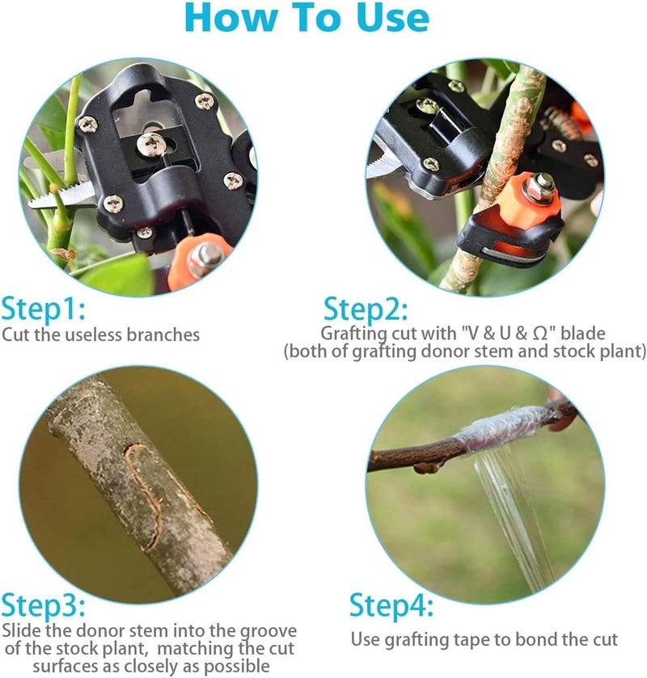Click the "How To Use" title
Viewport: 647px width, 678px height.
[307, 17]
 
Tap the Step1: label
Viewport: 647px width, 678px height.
[44, 309]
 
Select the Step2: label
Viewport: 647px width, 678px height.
[366, 309]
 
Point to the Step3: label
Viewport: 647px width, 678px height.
[44, 605]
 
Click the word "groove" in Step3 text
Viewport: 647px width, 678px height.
[269, 632]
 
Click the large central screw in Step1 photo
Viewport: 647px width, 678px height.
[151, 144]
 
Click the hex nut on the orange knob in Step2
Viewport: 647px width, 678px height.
[539, 187]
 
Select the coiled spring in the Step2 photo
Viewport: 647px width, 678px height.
[562, 122]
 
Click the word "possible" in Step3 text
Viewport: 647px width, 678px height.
[238, 667]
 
